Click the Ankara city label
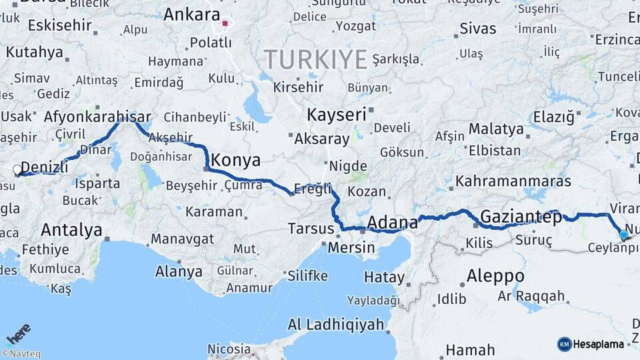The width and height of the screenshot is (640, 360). [191, 15]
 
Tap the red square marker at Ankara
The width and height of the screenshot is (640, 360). [225, 24]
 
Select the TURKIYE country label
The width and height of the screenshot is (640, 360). [316, 60]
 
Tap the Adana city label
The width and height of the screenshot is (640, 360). [392, 221]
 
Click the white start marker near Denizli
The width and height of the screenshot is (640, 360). [17, 170]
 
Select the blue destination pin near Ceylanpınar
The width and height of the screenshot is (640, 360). [623, 235]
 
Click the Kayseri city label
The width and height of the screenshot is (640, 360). [337, 115]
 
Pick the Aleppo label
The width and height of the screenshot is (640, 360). [495, 275]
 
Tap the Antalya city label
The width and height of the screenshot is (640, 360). [71, 230]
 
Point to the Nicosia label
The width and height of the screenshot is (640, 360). [228, 349]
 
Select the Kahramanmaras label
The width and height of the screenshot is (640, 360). [513, 181]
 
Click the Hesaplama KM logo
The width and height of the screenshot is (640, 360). [591, 344]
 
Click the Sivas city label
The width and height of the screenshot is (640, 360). [478, 29]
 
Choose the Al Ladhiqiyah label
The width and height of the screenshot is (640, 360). [336, 325]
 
